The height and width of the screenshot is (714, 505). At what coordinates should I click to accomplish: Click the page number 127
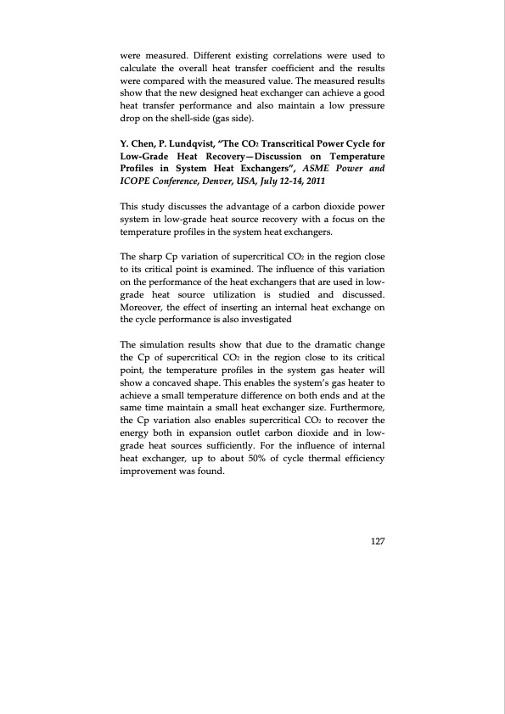(377, 543)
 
